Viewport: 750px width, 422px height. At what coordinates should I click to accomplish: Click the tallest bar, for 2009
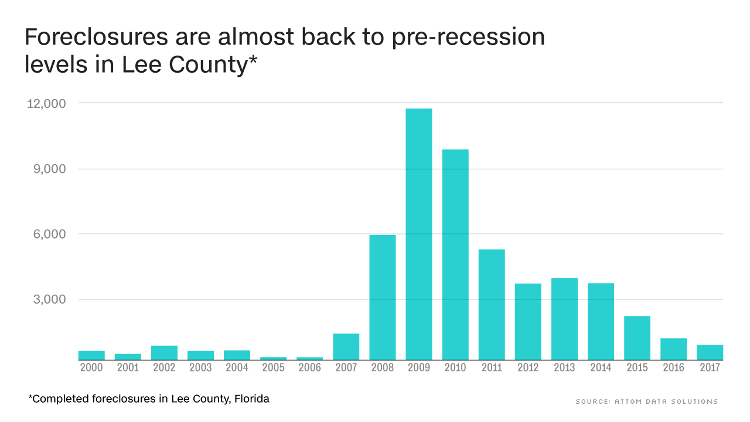pos(418,234)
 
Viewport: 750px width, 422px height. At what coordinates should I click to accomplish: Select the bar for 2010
pos(455,254)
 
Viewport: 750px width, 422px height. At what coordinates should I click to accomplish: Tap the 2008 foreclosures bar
pos(383,297)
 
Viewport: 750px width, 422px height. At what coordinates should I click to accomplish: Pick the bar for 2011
pos(492,304)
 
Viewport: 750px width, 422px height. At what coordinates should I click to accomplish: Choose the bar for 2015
pos(637,338)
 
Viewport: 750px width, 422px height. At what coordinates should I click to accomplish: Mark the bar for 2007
pos(346,346)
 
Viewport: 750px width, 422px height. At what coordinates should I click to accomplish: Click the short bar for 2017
pos(710,352)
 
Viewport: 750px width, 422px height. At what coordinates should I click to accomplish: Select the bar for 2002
pos(164,352)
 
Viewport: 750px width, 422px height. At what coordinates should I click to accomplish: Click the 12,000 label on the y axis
pos(46,103)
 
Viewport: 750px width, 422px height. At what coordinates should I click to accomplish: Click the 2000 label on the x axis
pos(91,367)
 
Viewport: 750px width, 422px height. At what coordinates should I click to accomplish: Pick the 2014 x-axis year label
pos(601,367)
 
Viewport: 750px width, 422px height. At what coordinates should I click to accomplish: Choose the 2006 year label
pos(309,367)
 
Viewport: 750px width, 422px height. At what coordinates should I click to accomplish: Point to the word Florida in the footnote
pos(251,399)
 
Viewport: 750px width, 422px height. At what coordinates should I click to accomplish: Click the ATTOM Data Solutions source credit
pos(646,401)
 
